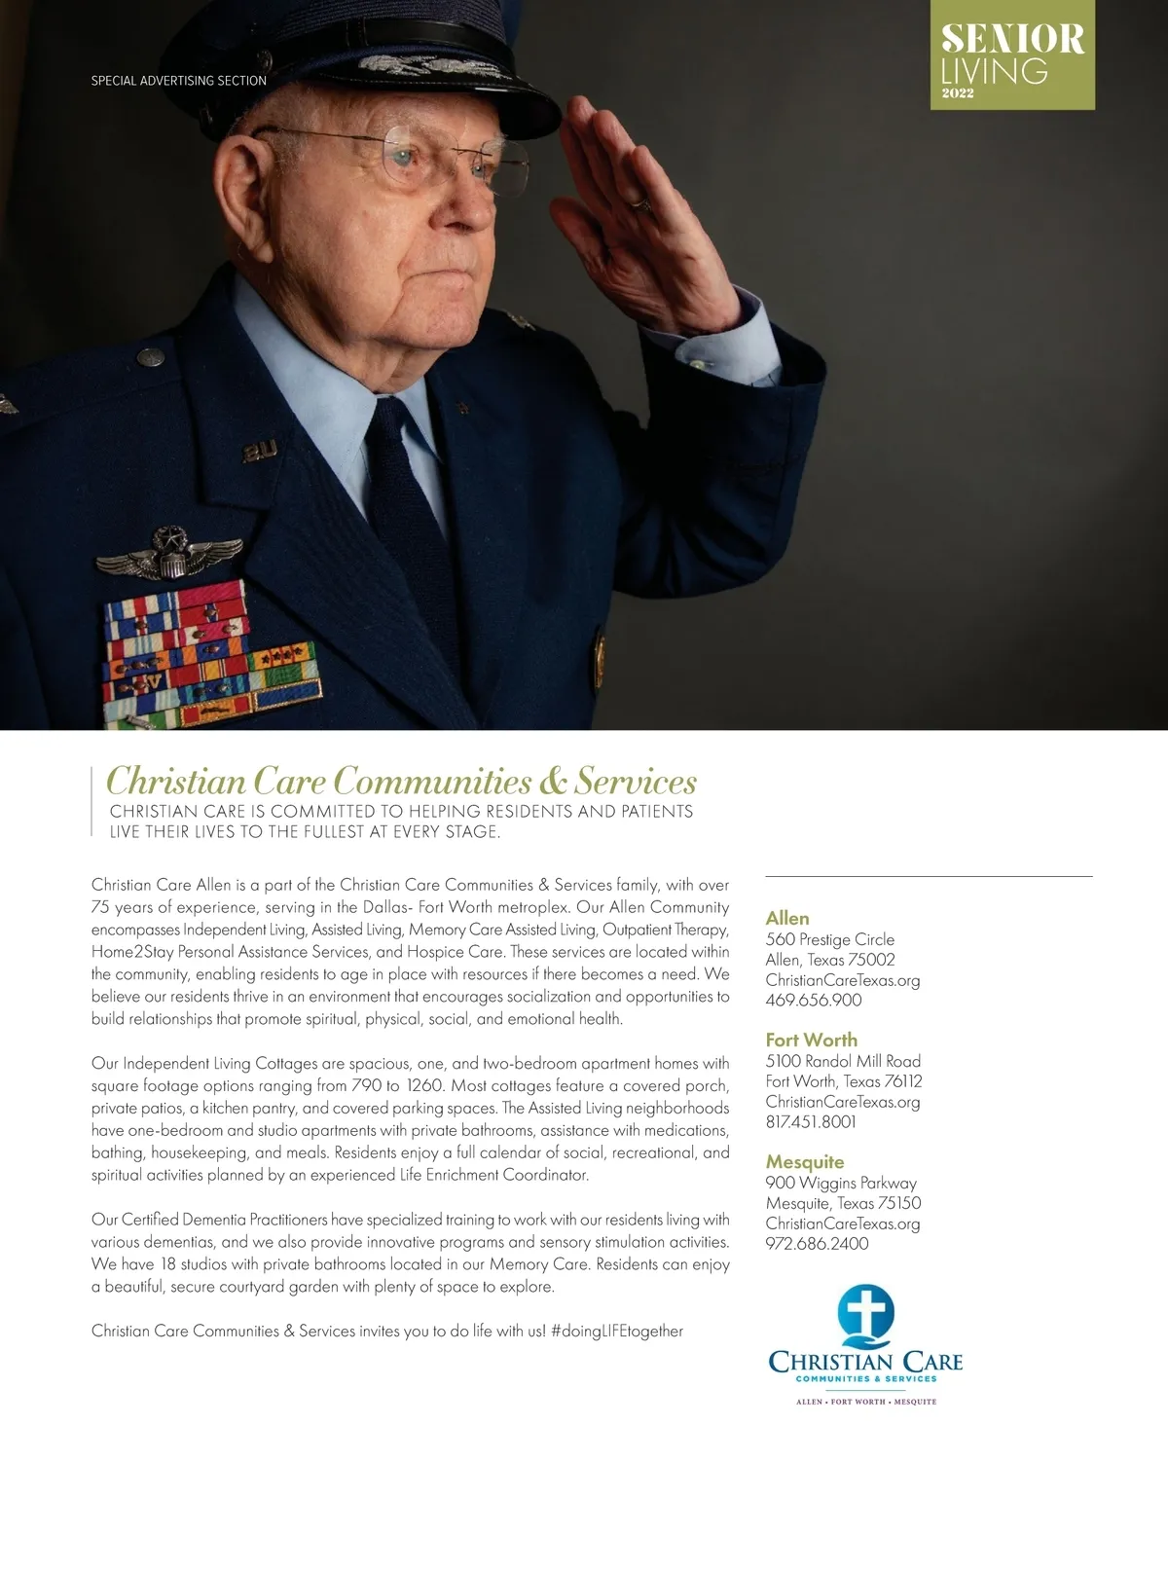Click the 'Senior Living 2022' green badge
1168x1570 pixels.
tap(1012, 55)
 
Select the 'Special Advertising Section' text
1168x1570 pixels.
tap(178, 81)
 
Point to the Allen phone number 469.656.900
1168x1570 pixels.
tap(813, 1001)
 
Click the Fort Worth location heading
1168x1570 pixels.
tap(811, 1040)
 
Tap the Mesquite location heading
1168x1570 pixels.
tap(804, 1161)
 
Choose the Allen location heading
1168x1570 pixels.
tap(786, 918)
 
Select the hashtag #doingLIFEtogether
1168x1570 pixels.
tap(616, 1331)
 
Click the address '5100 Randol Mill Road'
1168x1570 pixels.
tap(843, 1061)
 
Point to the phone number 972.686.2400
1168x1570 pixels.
tap(817, 1244)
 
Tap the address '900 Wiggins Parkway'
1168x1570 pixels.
tap(841, 1183)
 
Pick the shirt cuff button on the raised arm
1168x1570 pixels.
tap(697, 364)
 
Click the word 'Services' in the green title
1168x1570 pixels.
tap(636, 782)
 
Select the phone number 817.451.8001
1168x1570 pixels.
tap(811, 1122)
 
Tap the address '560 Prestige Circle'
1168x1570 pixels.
tap(829, 939)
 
